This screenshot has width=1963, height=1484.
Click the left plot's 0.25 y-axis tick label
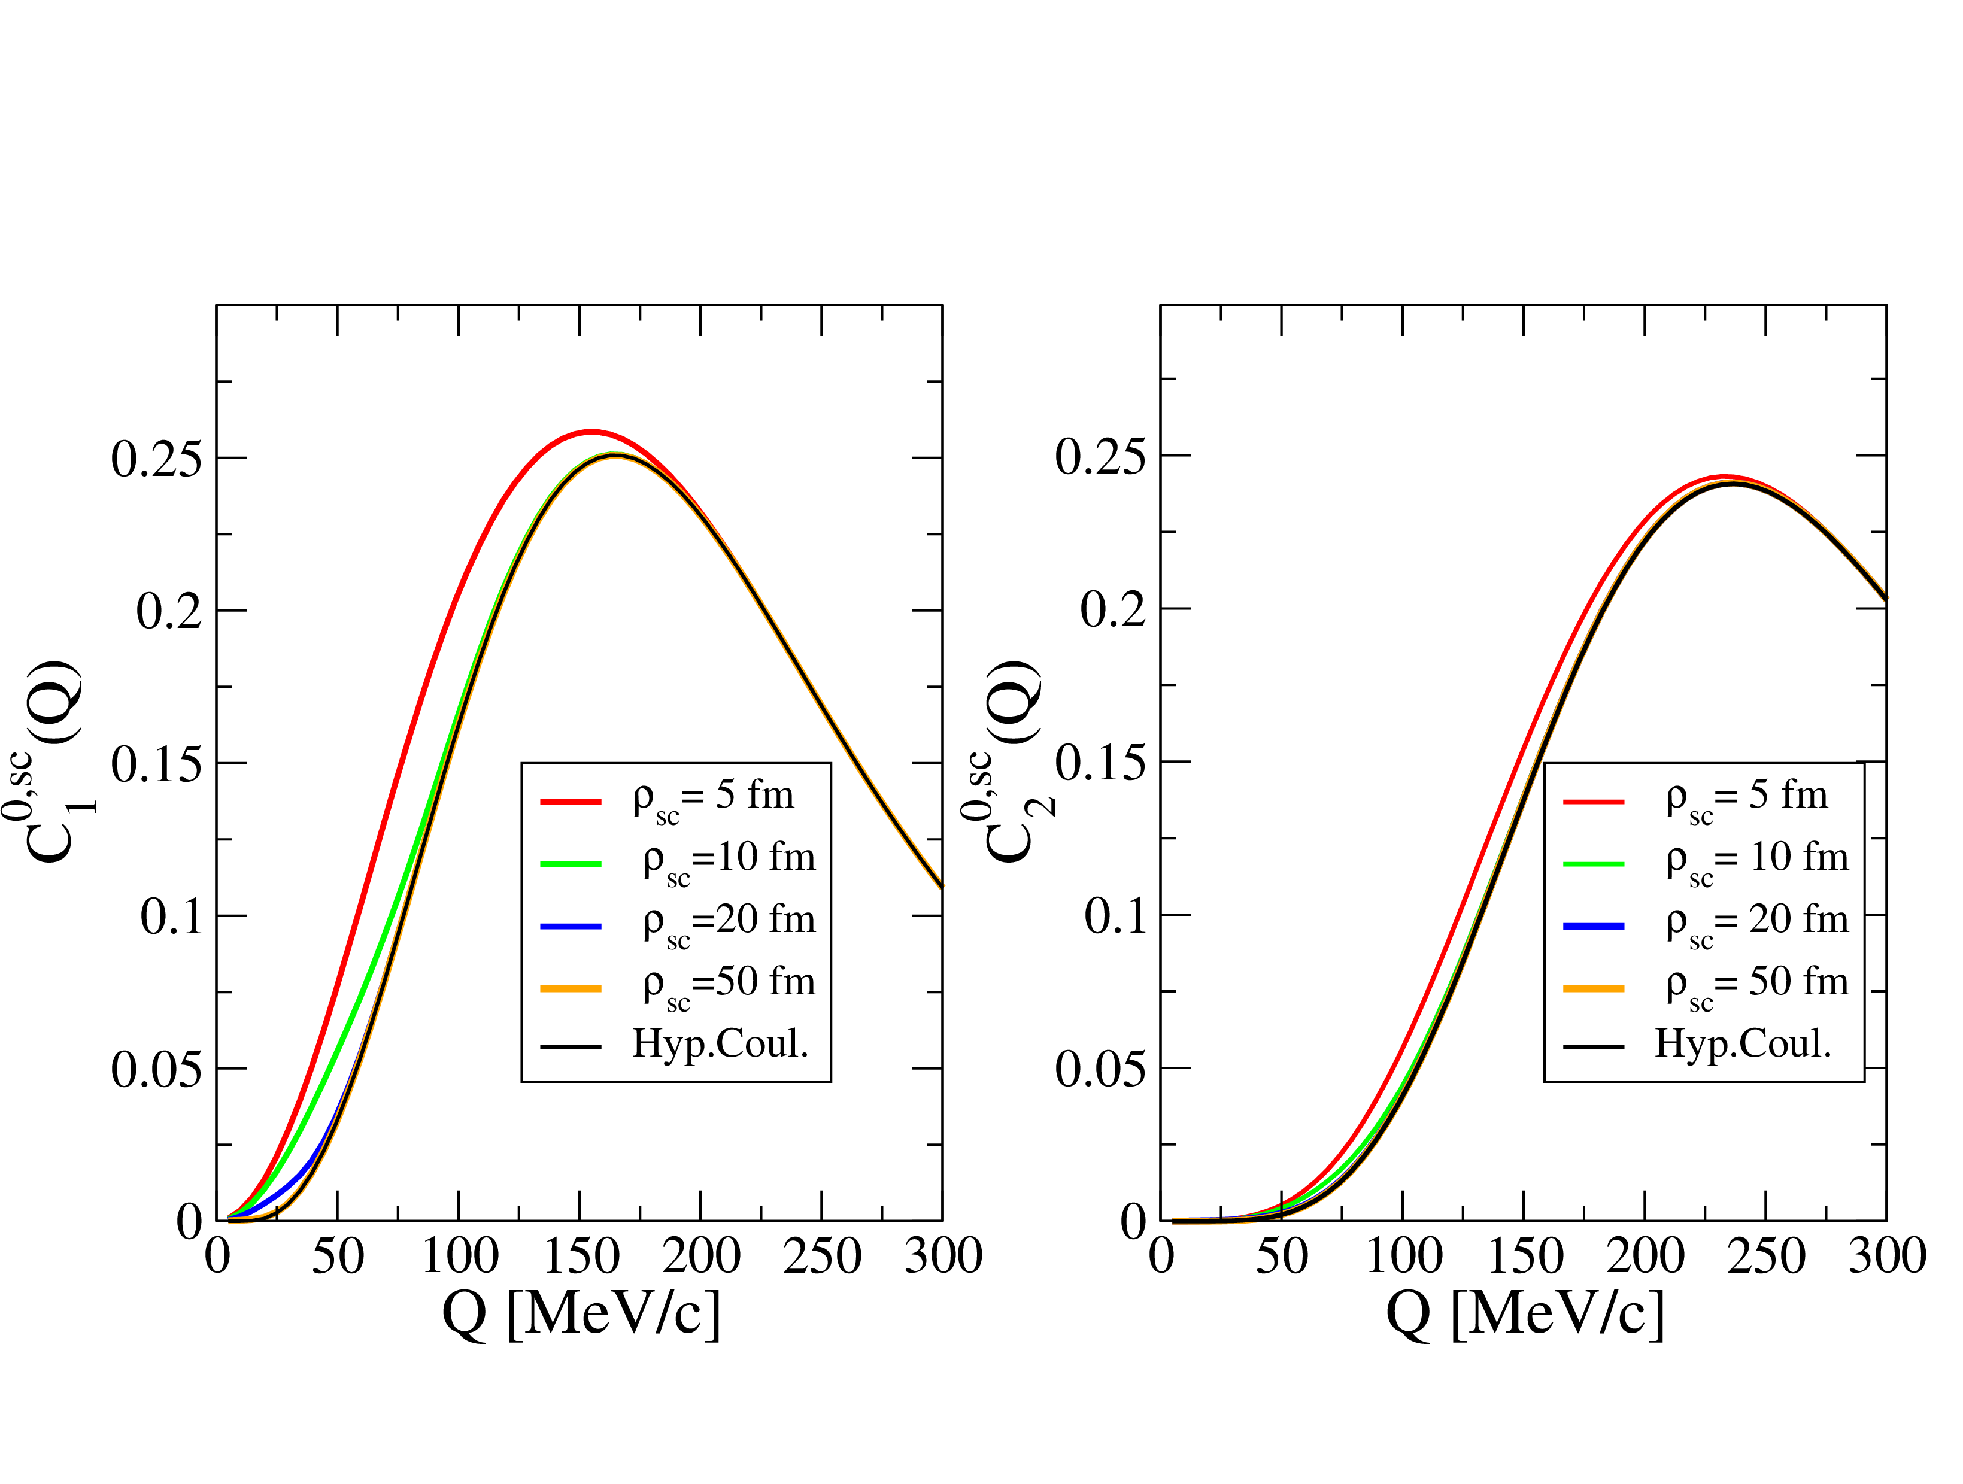(x=156, y=460)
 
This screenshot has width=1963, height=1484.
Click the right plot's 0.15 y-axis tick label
(x=1100, y=763)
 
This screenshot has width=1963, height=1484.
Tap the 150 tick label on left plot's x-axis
(x=580, y=1257)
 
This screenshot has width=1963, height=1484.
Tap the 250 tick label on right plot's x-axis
(x=1766, y=1257)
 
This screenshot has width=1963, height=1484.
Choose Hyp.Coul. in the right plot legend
(x=1743, y=1044)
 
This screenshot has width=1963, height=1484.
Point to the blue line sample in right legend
(x=1593, y=925)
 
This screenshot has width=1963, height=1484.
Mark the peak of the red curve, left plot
(x=591, y=432)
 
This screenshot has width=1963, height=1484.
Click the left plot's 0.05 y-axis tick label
(x=156, y=1070)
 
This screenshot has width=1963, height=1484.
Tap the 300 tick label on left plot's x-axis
(x=942, y=1257)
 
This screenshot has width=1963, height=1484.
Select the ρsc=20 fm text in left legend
(x=729, y=921)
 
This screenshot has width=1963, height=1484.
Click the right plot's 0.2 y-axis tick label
(x=1113, y=611)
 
